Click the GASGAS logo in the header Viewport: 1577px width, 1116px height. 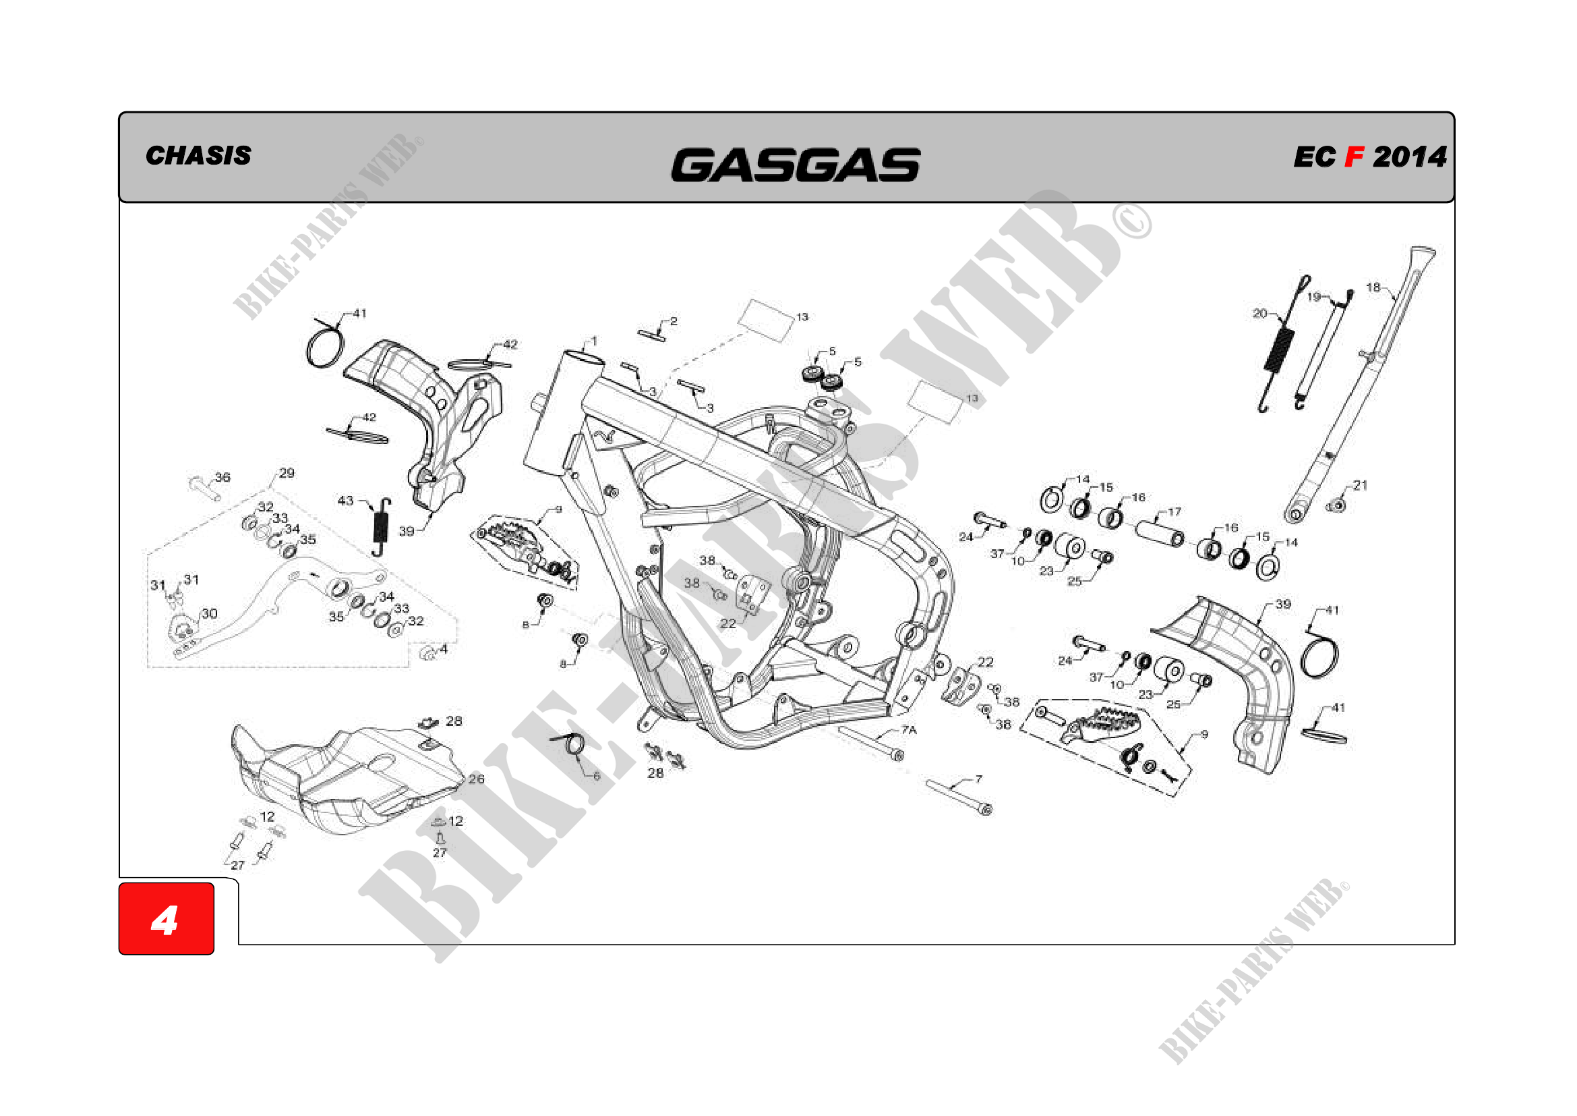pyautogui.click(x=796, y=165)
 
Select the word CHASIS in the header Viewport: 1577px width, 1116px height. pyautogui.click(x=198, y=156)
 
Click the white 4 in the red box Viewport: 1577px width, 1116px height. pyautogui.click(x=165, y=920)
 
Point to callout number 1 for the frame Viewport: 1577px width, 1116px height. pyautogui.click(x=593, y=341)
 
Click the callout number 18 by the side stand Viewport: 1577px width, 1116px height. pyautogui.click(x=1373, y=287)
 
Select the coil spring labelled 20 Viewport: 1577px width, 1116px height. pyautogui.click(x=1279, y=350)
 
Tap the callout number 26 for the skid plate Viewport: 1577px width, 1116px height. pyautogui.click(x=476, y=779)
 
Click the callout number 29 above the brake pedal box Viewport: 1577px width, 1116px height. pyautogui.click(x=287, y=473)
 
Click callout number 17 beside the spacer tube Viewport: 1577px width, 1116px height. pyautogui.click(x=1174, y=511)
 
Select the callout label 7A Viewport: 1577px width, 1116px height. pyautogui.click(x=909, y=730)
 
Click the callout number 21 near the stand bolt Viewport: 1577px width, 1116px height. pyautogui.click(x=1361, y=485)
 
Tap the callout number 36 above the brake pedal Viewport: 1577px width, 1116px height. pyautogui.click(x=222, y=477)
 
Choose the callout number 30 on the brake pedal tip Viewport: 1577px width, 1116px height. pyautogui.click(x=210, y=613)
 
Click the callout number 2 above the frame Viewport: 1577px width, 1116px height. pyautogui.click(x=674, y=321)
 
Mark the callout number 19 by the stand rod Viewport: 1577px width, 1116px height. pyautogui.click(x=1313, y=297)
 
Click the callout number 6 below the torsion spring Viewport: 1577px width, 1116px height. pyautogui.click(x=596, y=777)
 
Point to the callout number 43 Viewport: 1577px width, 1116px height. pyautogui.click(x=345, y=500)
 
